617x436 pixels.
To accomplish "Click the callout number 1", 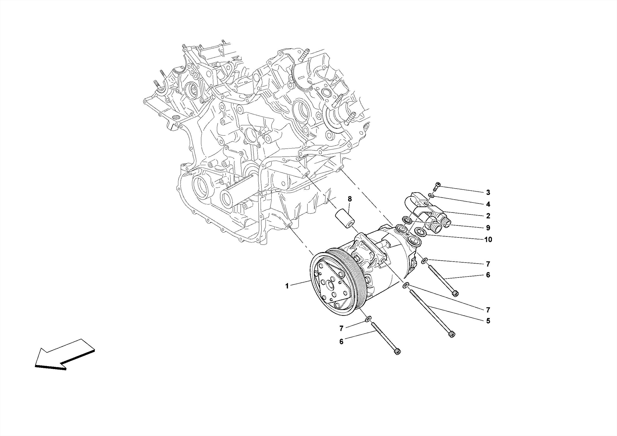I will [x=287, y=286].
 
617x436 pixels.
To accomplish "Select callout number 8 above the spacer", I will [x=350, y=199].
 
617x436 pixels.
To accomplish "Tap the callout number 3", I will [x=488, y=192].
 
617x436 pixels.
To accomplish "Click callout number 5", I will [x=488, y=321].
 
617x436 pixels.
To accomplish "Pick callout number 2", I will [x=488, y=216].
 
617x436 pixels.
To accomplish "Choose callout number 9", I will [x=488, y=228].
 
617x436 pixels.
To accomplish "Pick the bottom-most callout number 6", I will [x=341, y=342].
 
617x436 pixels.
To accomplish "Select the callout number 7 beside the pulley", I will [x=341, y=328].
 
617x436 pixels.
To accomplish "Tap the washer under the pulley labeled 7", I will [x=368, y=319].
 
